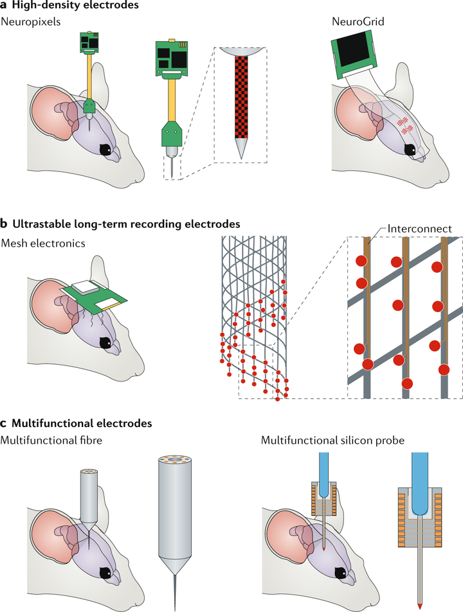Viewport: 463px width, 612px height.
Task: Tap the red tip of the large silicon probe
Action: (x=421, y=604)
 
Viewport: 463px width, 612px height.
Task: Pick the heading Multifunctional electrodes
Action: (x=82, y=423)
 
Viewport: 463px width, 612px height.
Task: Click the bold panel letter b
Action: (x=5, y=225)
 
